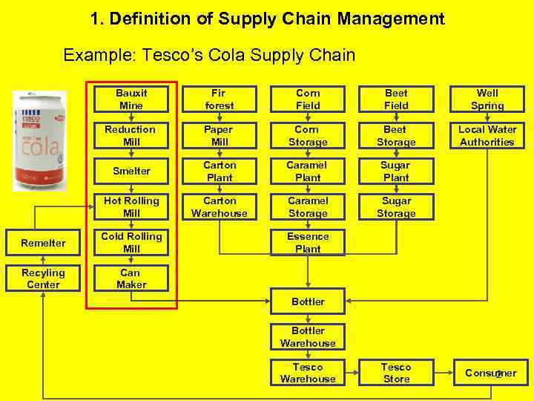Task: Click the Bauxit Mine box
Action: (131, 100)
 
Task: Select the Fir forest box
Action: (219, 100)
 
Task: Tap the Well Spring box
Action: (487, 100)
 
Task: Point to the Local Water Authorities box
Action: (487, 135)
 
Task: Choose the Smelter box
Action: (131, 171)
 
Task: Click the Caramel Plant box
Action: (308, 171)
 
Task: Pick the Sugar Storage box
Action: (396, 207)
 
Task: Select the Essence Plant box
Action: (308, 243)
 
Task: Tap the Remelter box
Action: (43, 243)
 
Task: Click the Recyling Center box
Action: (43, 278)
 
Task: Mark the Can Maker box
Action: (131, 278)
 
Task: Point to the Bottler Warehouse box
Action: (308, 337)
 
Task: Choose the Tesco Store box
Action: (396, 373)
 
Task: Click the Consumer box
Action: (490, 373)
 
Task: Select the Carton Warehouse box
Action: (219, 207)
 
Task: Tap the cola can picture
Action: (40, 141)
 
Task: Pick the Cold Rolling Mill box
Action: (131, 243)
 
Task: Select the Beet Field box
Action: (396, 100)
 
